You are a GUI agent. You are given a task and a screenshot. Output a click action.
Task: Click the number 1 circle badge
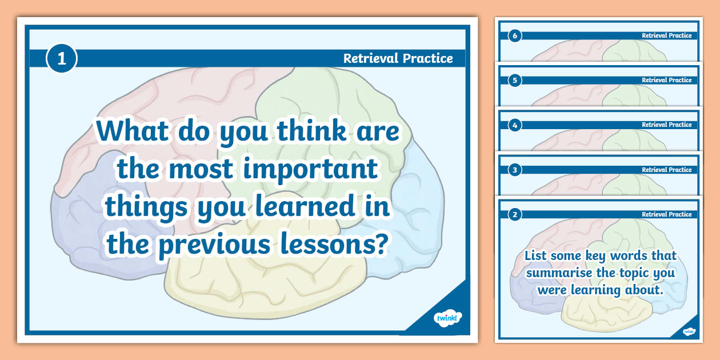click(x=61, y=58)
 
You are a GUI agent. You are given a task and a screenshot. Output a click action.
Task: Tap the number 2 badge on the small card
click(x=515, y=215)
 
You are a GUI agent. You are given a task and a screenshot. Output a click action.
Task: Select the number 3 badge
click(x=515, y=170)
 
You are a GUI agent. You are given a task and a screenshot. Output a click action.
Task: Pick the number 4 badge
click(x=515, y=125)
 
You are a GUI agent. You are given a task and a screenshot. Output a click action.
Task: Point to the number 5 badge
click(x=515, y=81)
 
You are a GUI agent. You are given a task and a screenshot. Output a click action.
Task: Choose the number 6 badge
click(x=515, y=36)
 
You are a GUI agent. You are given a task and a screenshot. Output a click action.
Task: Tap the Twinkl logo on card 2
click(x=689, y=331)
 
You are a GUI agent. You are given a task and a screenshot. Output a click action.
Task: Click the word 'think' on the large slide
click(x=312, y=132)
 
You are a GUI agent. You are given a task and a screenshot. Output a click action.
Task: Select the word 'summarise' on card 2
click(x=559, y=273)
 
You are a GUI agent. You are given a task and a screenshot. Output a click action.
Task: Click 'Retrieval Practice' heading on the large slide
click(x=398, y=58)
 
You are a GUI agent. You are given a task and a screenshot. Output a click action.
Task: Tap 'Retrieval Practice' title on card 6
click(x=666, y=35)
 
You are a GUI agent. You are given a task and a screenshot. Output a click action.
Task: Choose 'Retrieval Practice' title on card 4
click(x=666, y=125)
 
